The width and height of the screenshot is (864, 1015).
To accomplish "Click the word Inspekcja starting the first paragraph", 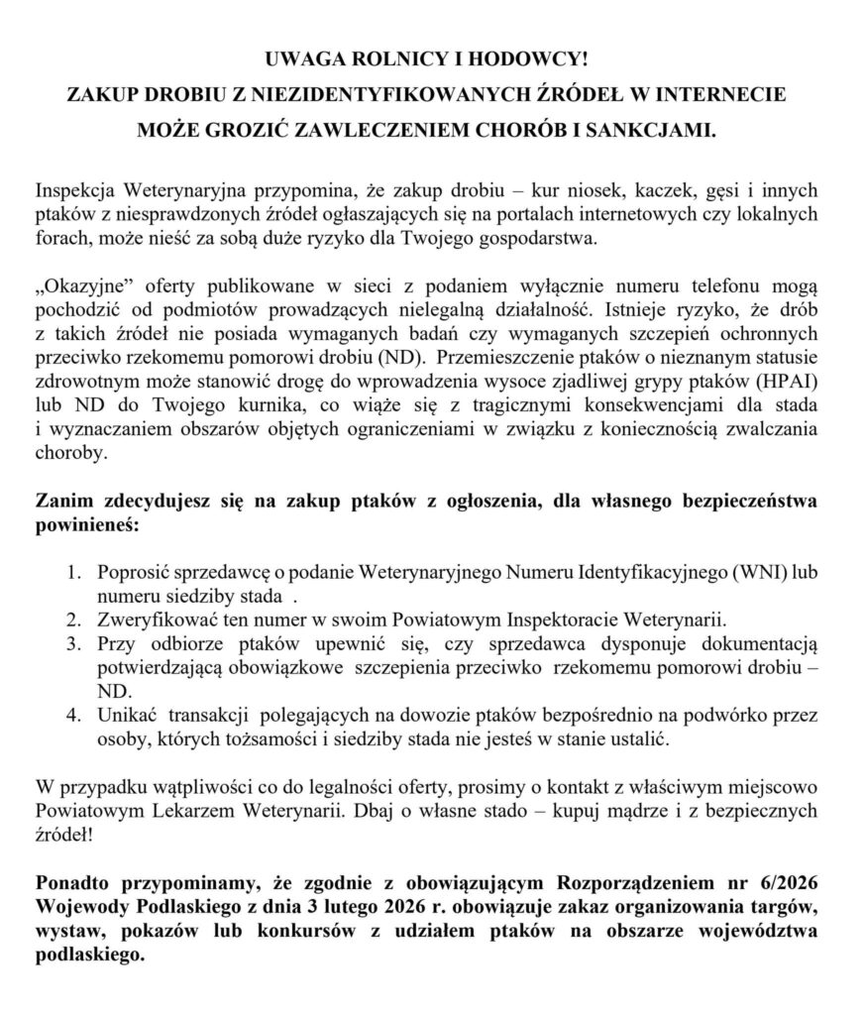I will (x=75, y=188).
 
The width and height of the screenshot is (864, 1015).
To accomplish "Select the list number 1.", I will (x=74, y=573).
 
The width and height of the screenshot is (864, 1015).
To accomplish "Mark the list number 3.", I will (x=74, y=645).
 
